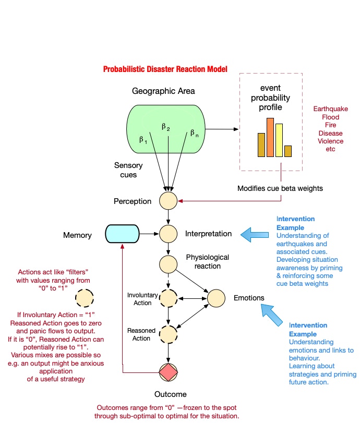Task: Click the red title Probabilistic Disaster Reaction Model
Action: (x=165, y=69)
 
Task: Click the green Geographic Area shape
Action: (x=163, y=129)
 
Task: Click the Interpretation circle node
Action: (x=169, y=233)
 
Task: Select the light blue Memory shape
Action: (x=122, y=233)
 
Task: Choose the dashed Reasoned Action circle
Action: (x=169, y=333)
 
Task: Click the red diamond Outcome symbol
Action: (x=169, y=372)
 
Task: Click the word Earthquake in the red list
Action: (x=330, y=109)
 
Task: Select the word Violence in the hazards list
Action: (x=330, y=141)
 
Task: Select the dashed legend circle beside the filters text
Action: (x=84, y=298)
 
